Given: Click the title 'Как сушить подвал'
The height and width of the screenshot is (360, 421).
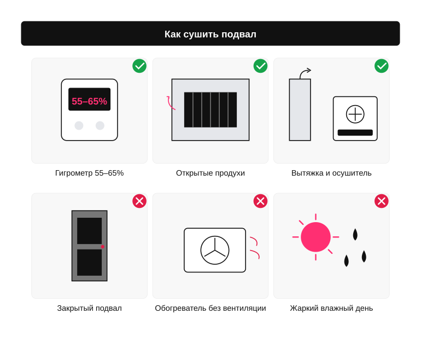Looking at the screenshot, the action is click(x=210, y=34).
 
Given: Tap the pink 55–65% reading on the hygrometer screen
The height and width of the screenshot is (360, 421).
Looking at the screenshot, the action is click(x=90, y=101).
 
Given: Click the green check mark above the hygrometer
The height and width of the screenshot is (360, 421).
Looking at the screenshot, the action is click(x=139, y=66).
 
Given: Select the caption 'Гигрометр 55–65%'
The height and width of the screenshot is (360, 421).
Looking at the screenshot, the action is click(x=90, y=173).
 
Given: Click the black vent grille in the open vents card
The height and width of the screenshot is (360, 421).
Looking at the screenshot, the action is click(x=210, y=109).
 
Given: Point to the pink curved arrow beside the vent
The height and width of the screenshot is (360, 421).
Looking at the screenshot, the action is click(x=170, y=103).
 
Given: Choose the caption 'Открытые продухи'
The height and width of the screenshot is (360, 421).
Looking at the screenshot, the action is click(x=210, y=173).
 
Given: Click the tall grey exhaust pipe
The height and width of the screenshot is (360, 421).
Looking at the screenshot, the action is click(x=300, y=109).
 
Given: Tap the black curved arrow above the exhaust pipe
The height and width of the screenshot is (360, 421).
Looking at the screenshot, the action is click(x=304, y=72).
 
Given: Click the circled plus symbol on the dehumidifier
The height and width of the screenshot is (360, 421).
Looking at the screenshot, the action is click(x=355, y=114).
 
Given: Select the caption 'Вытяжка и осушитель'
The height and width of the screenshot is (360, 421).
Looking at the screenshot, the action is click(x=331, y=173).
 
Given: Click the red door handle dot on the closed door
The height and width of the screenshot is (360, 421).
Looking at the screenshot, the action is click(x=103, y=247).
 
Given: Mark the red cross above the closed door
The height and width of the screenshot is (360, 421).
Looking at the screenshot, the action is click(x=139, y=201).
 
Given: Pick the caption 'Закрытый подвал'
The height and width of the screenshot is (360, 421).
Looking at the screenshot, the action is click(x=90, y=308).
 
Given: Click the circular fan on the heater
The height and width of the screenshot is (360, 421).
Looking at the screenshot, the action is click(x=215, y=250).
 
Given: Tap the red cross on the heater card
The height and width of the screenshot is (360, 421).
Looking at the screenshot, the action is click(x=260, y=201).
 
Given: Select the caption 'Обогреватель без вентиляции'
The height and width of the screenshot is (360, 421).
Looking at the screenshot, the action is click(x=210, y=308).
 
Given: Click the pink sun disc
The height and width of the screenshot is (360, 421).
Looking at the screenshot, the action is click(x=316, y=237).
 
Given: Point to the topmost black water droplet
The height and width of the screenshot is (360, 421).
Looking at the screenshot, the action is click(x=355, y=234).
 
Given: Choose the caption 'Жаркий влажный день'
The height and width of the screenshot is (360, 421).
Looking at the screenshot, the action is click(x=331, y=308).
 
